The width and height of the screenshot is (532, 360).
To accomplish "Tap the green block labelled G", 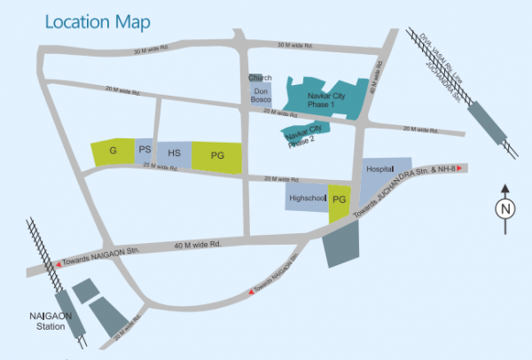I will [x=113, y=152].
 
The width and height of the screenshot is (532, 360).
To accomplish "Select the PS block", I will [x=144, y=151].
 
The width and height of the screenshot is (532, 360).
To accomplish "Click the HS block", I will [x=175, y=153].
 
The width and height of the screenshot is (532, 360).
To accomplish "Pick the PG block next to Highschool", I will [x=340, y=200].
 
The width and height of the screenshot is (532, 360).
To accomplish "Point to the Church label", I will [x=257, y=78].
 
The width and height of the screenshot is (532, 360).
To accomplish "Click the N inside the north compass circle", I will [x=504, y=210].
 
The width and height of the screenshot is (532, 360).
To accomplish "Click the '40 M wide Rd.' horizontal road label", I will [x=197, y=242].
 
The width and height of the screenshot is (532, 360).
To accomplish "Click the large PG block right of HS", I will [x=217, y=156].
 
